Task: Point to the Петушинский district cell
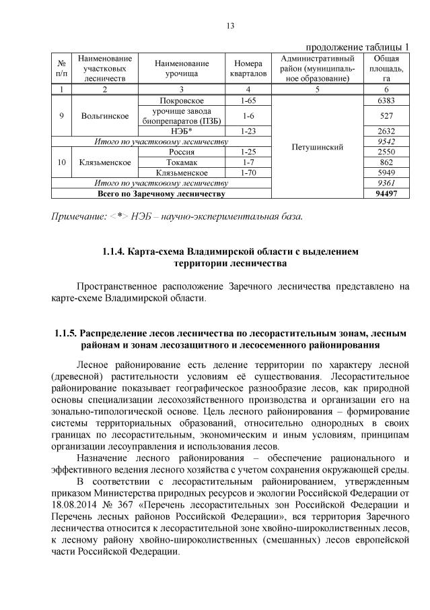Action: pos(318,147)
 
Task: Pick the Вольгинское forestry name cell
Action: pos(104,116)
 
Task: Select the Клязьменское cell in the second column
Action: pos(104,162)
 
